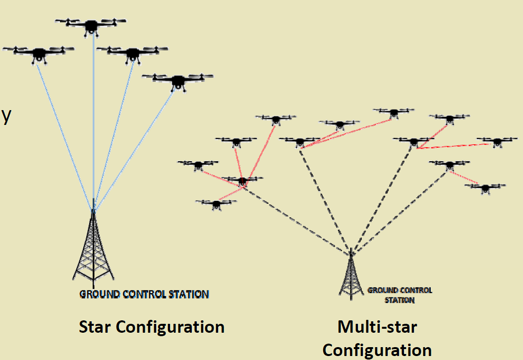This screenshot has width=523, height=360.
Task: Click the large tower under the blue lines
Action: pos(93,248)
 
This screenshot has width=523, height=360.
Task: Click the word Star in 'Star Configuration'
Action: pos(95,327)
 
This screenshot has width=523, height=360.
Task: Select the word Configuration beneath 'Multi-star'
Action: pos(377,350)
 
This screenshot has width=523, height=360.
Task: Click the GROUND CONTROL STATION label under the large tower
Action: pos(144,294)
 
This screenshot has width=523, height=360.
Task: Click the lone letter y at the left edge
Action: pos(6,116)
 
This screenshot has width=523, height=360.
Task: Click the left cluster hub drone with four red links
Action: pos(242,180)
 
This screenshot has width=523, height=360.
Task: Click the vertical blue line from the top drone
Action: pos(93,124)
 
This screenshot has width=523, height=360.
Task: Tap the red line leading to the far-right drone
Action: pos(456,146)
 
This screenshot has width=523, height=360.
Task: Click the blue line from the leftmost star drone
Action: pos(64,134)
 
